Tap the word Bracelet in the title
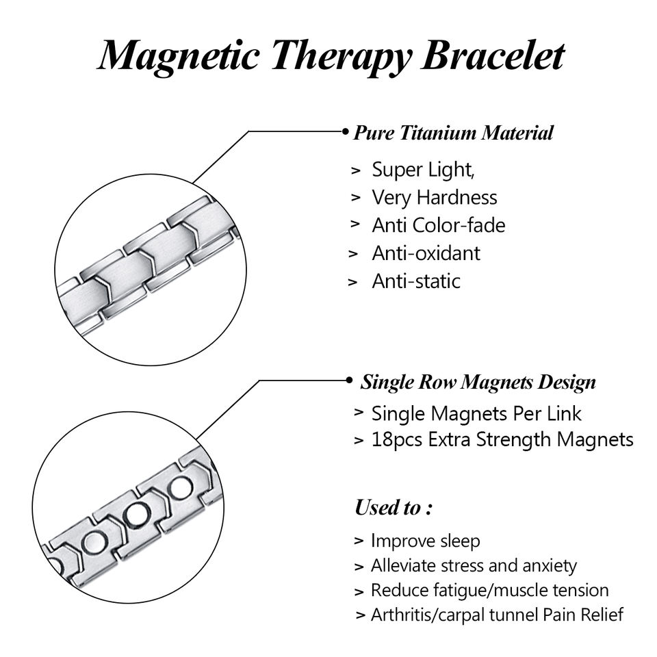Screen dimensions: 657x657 tap(493, 55)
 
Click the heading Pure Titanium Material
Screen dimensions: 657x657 tap(453, 133)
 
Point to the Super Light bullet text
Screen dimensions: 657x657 tap(423, 170)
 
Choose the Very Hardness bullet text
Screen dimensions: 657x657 tap(434, 198)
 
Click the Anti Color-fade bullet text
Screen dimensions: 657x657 tap(438, 225)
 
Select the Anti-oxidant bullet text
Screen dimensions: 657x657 tap(426, 253)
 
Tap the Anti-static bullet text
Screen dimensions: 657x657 tap(416, 281)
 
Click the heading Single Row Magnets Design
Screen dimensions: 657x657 tap(478, 382)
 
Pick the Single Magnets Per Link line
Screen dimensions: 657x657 tap(476, 413)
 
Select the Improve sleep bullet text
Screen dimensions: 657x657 tap(425, 541)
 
